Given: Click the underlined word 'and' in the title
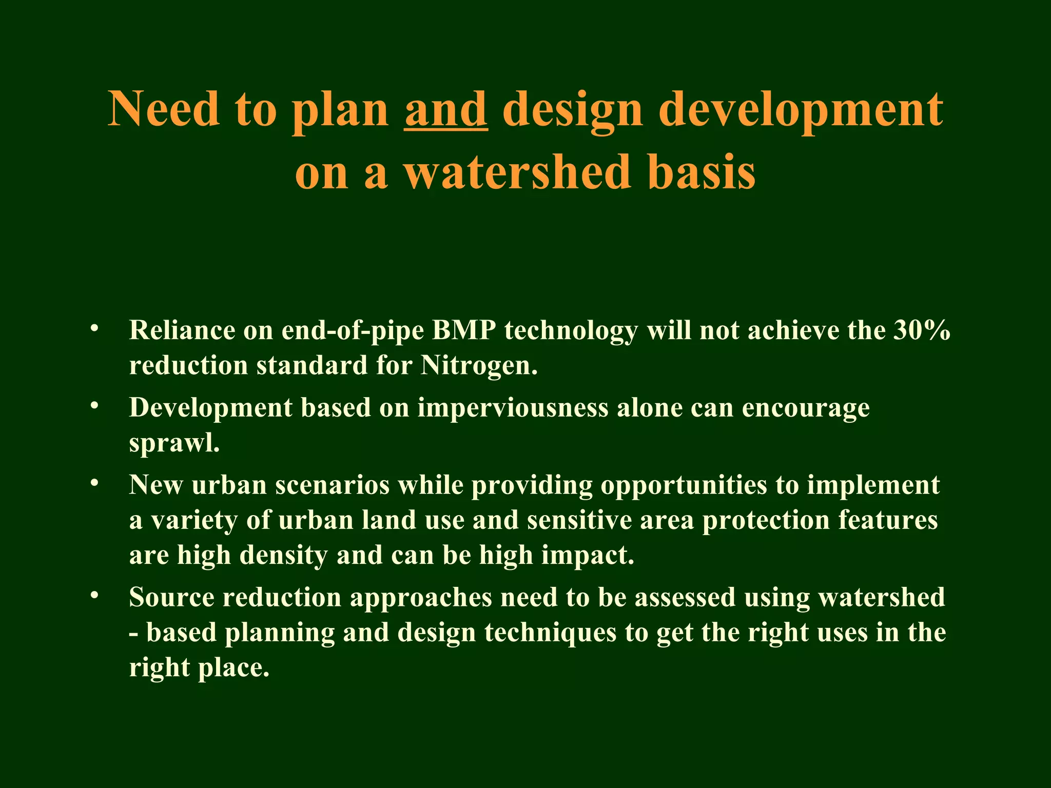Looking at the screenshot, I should coord(446,109).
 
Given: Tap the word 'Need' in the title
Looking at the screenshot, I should coord(164,109).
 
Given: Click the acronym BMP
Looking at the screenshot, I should coord(463,330).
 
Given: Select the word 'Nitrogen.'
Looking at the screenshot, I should coord(479,365).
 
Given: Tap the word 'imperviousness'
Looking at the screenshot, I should coord(513,408).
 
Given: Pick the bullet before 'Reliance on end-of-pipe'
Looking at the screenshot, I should coord(93,328).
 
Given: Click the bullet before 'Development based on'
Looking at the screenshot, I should coord(93,406).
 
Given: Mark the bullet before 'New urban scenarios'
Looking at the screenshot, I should coord(93,483).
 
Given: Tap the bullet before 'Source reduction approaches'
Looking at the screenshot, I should coord(93,596).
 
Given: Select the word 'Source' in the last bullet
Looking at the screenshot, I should coord(171,598).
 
